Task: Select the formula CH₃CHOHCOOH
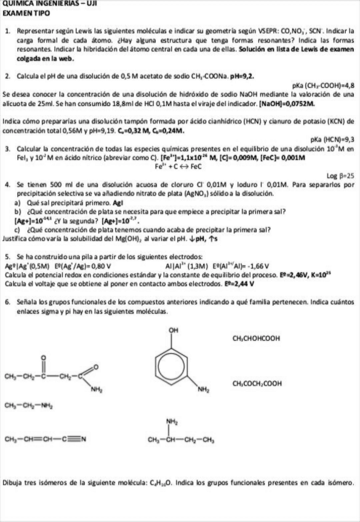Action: point(257,338)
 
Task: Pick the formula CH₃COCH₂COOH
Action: point(258,382)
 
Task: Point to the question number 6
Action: point(6,302)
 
